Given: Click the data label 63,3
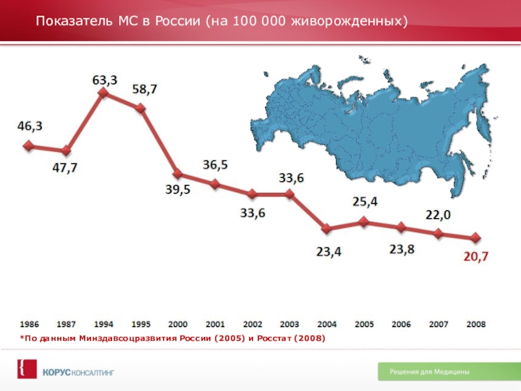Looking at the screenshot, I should click(x=105, y=80).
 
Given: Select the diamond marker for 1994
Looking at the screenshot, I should click(x=103, y=93).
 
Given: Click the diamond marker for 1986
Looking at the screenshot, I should click(x=28, y=146).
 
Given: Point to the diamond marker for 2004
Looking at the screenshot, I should click(x=327, y=229).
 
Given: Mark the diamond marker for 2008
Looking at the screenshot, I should click(x=476, y=238).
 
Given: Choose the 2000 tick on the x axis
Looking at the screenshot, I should click(x=178, y=323).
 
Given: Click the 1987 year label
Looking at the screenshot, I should click(x=66, y=323).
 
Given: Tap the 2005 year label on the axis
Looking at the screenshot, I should click(x=364, y=323).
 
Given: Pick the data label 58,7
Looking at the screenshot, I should click(x=144, y=90).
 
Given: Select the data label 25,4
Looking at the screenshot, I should click(x=365, y=202).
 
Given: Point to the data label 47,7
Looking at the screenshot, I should click(x=64, y=167).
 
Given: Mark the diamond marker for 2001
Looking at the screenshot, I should click(x=215, y=184).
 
